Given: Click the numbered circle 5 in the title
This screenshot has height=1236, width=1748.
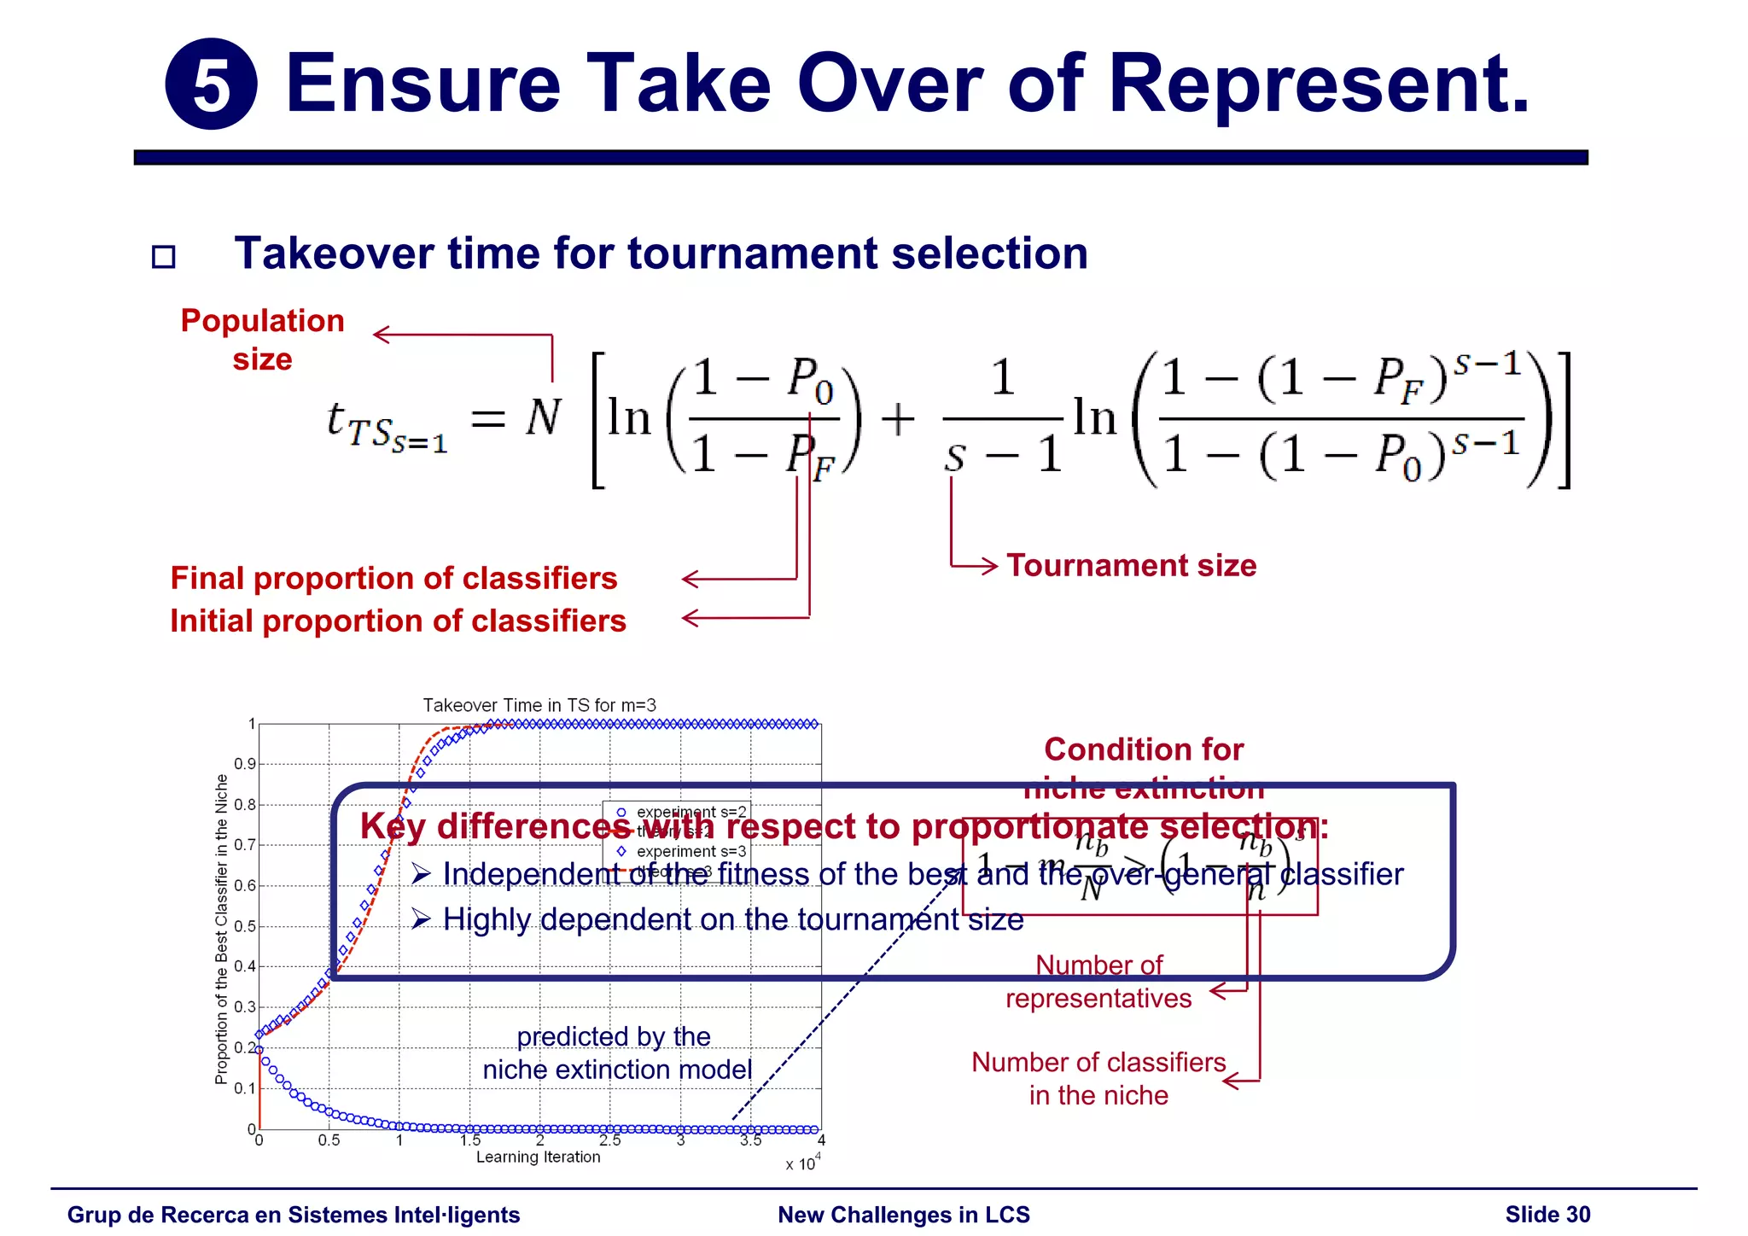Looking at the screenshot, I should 211,85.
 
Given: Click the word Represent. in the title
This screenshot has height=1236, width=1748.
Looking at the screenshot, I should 1319,85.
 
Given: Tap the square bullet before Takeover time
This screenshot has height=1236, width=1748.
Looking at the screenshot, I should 163,257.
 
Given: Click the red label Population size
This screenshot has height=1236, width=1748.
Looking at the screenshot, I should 262,339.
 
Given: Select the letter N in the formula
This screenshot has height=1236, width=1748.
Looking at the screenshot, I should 543,418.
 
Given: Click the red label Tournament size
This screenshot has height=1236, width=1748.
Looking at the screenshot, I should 1131,566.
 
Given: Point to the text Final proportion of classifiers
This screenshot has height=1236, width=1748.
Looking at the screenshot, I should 393,579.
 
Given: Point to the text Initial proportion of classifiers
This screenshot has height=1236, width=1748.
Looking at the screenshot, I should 398,621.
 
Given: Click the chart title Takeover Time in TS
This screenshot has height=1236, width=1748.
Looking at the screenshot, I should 539,705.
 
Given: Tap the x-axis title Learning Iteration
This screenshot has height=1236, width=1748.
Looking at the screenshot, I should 538,1157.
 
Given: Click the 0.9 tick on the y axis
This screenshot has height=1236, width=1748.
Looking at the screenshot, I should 245,764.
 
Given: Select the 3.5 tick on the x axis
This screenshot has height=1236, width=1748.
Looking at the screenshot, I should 750,1141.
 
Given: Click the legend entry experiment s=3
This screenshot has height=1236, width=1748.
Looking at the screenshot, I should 690,851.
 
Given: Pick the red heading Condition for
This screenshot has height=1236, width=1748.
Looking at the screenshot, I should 1144,749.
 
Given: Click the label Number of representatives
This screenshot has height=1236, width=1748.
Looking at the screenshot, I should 1098,982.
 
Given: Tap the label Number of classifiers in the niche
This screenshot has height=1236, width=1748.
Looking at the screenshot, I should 1098,1079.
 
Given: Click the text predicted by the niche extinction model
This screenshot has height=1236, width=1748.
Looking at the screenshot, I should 616,1053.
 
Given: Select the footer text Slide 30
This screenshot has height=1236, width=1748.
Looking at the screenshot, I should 1547,1215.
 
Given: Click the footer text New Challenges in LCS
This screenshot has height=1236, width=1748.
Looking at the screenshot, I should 904,1215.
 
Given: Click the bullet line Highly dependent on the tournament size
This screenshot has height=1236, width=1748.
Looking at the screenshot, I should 732,919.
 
